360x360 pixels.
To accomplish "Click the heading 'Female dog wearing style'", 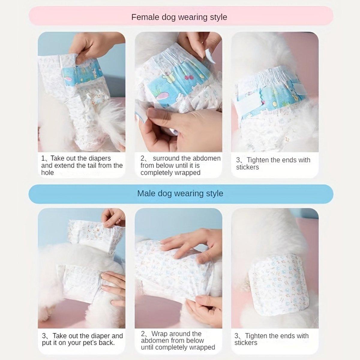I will point(179,17).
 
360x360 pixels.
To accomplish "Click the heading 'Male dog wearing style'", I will point(180,193).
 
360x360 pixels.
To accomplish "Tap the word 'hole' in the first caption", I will point(47,173).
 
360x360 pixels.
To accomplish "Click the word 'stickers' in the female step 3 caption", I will point(247,167).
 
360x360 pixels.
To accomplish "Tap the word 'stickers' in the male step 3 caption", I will point(246,343).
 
